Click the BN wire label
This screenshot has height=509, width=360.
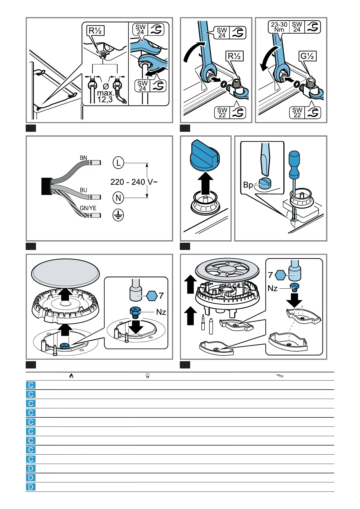[x=83, y=158]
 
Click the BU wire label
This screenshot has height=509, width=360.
[x=83, y=190]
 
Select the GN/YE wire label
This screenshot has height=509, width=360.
[x=88, y=208]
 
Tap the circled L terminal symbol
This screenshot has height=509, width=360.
[x=118, y=163]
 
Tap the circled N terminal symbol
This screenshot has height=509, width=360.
[x=118, y=198]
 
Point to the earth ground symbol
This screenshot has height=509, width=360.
[x=118, y=215]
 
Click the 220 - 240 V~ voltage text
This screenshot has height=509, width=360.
[x=134, y=182]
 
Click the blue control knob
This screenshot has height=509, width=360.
[x=205, y=155]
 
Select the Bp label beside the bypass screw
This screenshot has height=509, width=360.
[x=248, y=185]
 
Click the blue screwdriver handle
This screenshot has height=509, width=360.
[x=294, y=164]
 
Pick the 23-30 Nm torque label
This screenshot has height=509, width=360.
[x=279, y=27]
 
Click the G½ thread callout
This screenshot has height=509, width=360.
[x=307, y=56]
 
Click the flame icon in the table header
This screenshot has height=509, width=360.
[x=71, y=376]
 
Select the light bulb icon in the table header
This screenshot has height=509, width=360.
[x=148, y=376]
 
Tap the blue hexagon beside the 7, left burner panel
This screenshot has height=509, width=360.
[x=152, y=296]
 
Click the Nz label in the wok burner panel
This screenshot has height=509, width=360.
[x=273, y=288]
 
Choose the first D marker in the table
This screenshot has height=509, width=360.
[x=31, y=468]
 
